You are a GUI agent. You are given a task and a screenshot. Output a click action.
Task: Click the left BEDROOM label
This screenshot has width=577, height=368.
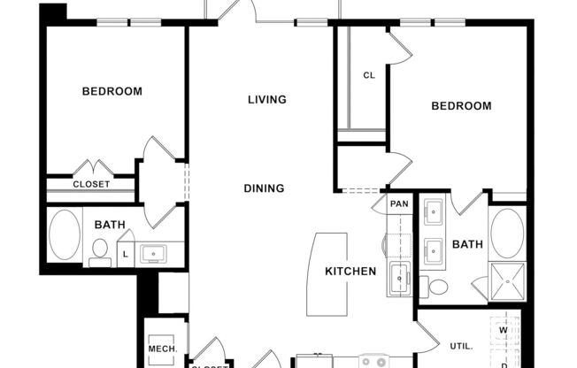(112, 91)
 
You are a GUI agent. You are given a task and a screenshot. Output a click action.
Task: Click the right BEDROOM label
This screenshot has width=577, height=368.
(460, 106)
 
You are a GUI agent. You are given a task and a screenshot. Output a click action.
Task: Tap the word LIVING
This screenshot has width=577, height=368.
(266, 99)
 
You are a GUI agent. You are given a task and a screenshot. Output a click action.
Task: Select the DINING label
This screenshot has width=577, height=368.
(265, 188)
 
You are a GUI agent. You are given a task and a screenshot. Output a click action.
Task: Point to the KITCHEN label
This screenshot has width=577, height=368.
(350, 271)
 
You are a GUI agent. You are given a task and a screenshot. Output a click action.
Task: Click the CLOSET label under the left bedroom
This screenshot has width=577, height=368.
(91, 184)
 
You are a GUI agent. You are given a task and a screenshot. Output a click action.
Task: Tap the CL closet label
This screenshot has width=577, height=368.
(369, 75)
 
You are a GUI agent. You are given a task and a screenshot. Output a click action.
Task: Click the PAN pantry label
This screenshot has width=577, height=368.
(399, 203)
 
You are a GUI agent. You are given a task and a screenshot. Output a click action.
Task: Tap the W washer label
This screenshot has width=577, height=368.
(504, 331)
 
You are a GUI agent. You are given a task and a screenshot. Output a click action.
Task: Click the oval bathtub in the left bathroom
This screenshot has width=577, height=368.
(64, 235)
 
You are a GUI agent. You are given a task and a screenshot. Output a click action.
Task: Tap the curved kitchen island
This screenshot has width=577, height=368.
(327, 273)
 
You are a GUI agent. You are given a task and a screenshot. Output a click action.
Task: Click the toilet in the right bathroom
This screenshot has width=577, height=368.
(435, 287)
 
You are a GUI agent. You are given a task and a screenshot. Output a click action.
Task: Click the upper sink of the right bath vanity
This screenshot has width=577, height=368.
(434, 213)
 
